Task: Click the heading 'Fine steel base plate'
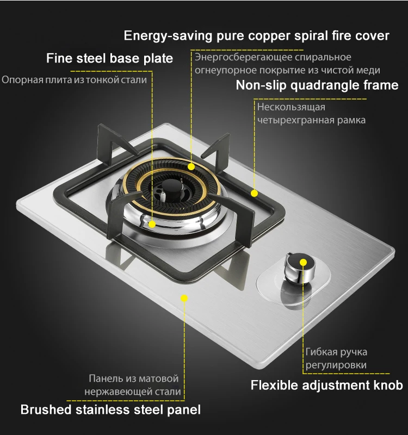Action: point(109,58)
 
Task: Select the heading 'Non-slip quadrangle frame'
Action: point(317,85)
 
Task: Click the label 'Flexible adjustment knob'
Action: point(326,386)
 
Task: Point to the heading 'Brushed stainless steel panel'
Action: point(110,409)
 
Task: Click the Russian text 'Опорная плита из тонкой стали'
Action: point(74,80)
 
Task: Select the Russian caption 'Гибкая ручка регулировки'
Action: point(336,358)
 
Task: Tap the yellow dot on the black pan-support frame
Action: point(254,192)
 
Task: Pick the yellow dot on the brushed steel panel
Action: point(184,298)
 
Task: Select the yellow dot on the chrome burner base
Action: point(152,223)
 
